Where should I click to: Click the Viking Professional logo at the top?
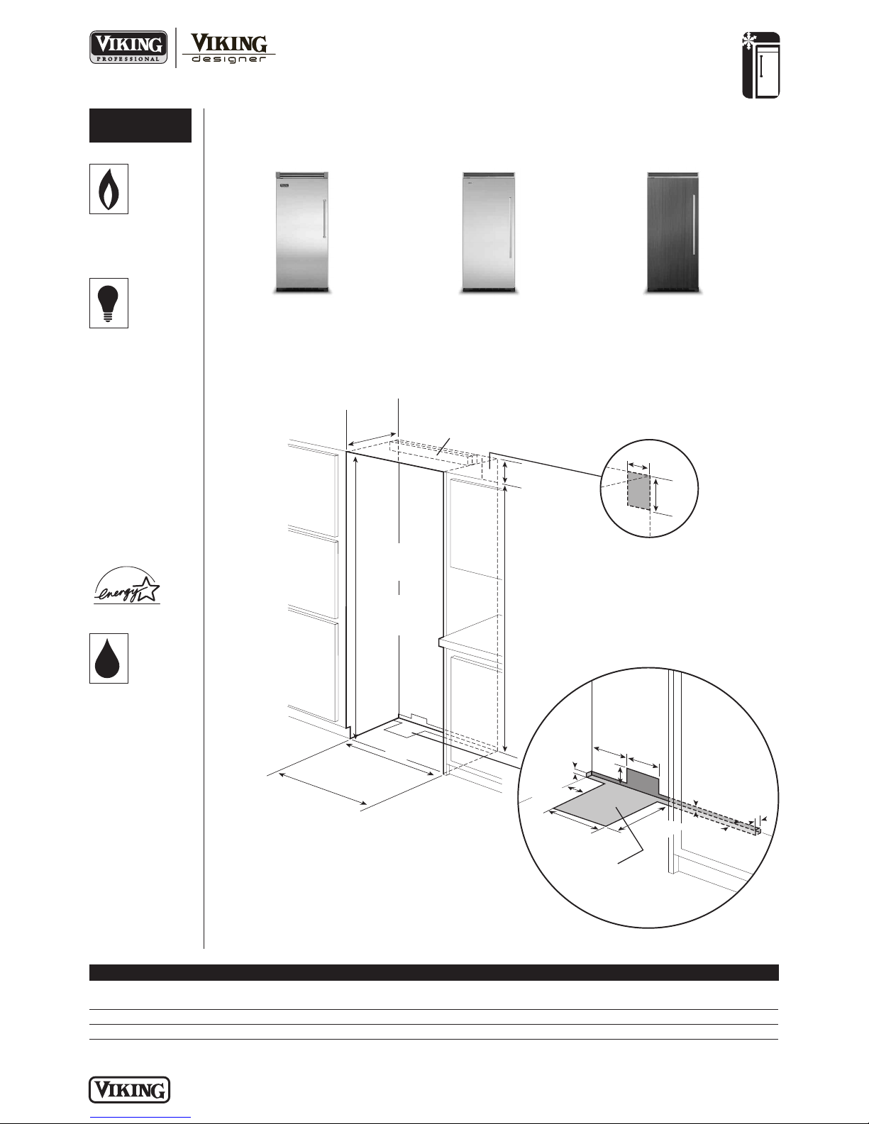point(128,47)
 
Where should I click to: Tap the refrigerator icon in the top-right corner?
point(761,65)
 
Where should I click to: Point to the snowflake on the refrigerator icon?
point(748,41)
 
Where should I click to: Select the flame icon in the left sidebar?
point(109,189)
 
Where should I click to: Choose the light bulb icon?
point(109,303)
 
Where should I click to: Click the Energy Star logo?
point(127,586)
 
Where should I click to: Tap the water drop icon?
point(109,659)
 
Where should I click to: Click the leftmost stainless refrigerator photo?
point(302,233)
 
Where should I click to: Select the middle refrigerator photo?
point(489,233)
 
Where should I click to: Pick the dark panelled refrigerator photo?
point(673,233)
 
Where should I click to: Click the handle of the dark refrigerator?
point(693,225)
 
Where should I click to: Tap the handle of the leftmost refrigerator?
point(325,226)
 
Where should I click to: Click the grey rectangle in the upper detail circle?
point(639,490)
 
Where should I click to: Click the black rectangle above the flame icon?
point(140,126)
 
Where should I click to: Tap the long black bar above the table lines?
point(434,972)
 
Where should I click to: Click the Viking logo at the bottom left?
point(129,1090)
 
